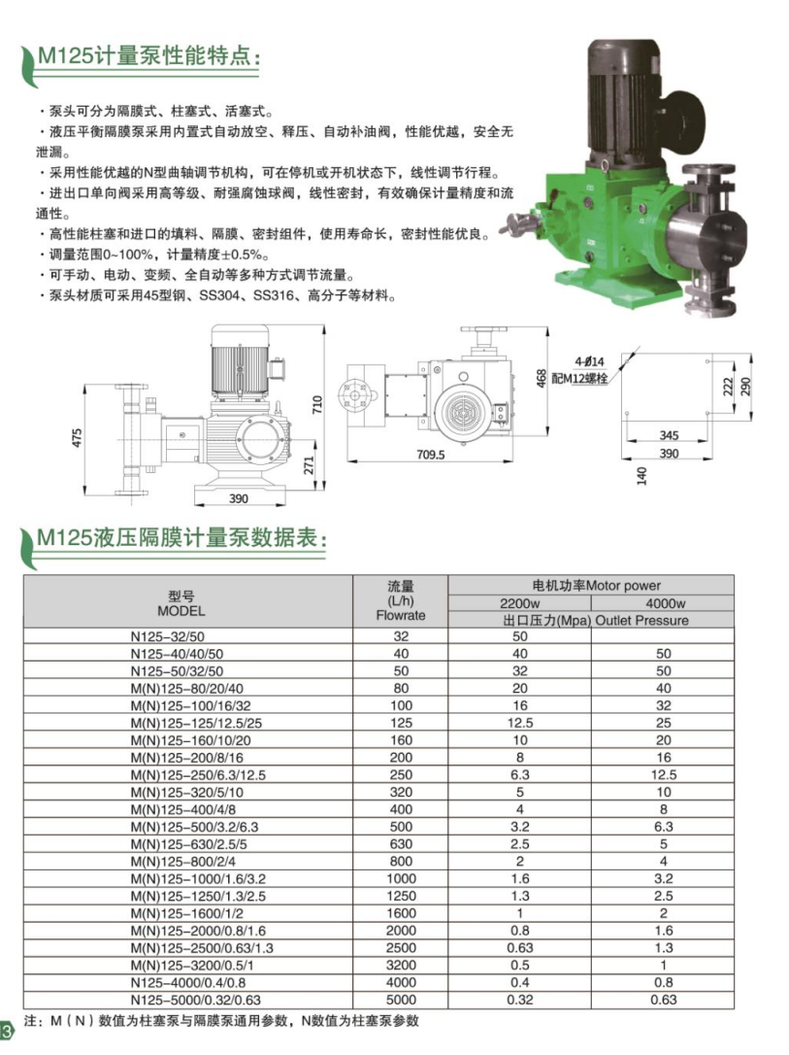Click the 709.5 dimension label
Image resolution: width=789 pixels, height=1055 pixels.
(430, 455)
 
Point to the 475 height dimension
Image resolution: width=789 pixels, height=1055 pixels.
(78, 438)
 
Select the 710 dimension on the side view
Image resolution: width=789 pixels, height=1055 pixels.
(317, 404)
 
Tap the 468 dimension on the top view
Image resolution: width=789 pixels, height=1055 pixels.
(541, 378)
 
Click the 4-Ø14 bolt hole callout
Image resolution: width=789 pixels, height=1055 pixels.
(589, 362)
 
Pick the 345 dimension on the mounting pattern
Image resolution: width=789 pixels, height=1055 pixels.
(669, 435)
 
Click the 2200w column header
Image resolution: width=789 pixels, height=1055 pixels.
(519, 603)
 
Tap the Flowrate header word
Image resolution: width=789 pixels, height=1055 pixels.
(401, 615)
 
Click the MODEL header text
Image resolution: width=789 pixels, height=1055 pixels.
(181, 611)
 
